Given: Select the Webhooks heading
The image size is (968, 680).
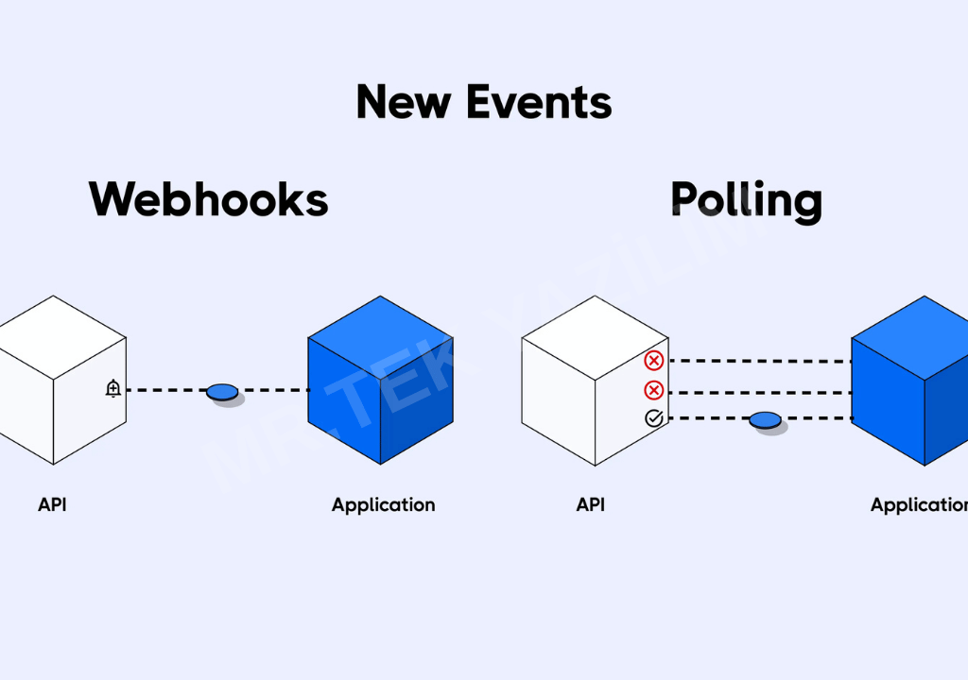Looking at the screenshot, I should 209,199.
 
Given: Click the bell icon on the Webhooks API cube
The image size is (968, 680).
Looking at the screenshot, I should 113,388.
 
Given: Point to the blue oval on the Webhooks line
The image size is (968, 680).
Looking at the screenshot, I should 222,390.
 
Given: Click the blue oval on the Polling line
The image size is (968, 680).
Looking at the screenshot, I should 766,419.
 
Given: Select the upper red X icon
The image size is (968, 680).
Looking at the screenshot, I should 653,360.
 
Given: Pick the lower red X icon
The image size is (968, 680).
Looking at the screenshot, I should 653,390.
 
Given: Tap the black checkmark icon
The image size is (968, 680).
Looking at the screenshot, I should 653,418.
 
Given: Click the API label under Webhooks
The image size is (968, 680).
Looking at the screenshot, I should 52,504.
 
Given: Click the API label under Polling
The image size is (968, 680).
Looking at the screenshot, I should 591,504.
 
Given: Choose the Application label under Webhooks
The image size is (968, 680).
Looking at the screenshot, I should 383,505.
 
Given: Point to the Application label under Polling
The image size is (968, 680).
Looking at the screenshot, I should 918,505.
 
